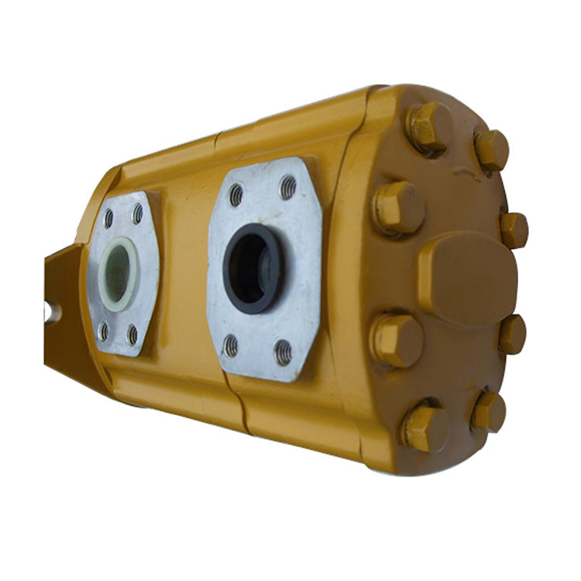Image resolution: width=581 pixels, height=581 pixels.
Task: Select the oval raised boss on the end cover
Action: pyautogui.click(x=467, y=278)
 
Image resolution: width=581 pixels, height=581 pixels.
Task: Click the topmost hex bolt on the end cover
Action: pyautogui.click(x=431, y=125)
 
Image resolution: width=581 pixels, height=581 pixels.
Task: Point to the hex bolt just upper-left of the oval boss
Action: pyautogui.click(x=399, y=208)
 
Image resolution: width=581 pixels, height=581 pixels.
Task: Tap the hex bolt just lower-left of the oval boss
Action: pyautogui.click(x=397, y=339)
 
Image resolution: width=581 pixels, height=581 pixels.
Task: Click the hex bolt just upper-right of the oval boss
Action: pyautogui.click(x=513, y=230)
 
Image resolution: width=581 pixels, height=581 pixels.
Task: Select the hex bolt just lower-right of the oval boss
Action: pyautogui.click(x=512, y=334)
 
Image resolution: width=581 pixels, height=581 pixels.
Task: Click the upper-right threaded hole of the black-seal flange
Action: pyautogui.click(x=288, y=187)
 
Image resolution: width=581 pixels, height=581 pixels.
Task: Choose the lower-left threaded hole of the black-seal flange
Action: pyautogui.click(x=231, y=346)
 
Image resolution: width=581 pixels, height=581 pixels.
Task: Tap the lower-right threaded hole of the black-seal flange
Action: pyautogui.click(x=284, y=352)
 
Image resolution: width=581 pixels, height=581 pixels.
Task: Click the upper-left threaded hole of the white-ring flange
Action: pyautogui.click(x=108, y=218)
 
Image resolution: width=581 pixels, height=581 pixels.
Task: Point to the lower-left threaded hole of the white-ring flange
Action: pyautogui.click(x=103, y=332)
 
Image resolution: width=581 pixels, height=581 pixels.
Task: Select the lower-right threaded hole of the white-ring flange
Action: pyautogui.click(x=132, y=335)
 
